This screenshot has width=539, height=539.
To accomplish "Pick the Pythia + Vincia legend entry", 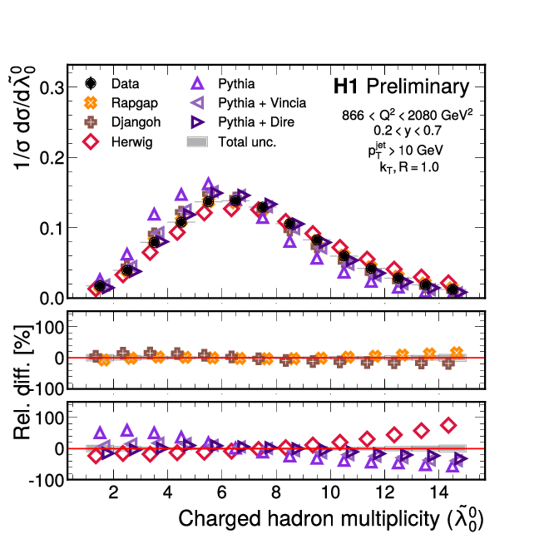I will (x=250, y=103).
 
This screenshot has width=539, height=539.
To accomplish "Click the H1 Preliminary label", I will (x=400, y=87).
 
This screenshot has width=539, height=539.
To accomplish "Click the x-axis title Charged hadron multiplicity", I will (x=331, y=520).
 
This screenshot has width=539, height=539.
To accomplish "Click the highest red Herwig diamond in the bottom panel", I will (x=449, y=425).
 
